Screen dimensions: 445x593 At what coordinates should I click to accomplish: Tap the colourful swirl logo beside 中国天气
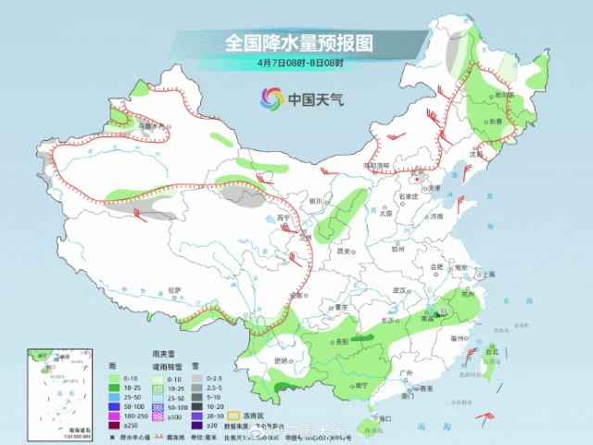tap(271, 98)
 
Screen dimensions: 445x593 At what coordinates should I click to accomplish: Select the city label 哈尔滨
tap(504, 95)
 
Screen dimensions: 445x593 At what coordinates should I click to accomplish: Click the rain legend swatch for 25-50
tap(113, 395)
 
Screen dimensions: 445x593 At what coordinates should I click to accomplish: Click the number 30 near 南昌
tap(443, 311)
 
